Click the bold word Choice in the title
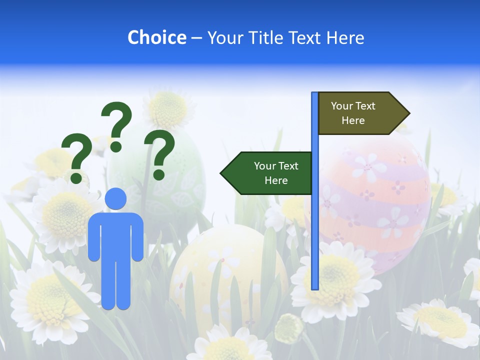(x=156, y=37)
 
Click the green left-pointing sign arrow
(x=267, y=173)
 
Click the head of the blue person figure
(x=116, y=198)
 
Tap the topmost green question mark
(x=116, y=126)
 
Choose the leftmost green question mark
(x=76, y=158)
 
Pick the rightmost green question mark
(x=159, y=154)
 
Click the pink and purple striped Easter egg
(x=380, y=200)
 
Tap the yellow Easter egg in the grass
(x=225, y=270)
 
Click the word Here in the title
(x=345, y=37)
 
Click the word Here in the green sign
(x=276, y=180)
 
